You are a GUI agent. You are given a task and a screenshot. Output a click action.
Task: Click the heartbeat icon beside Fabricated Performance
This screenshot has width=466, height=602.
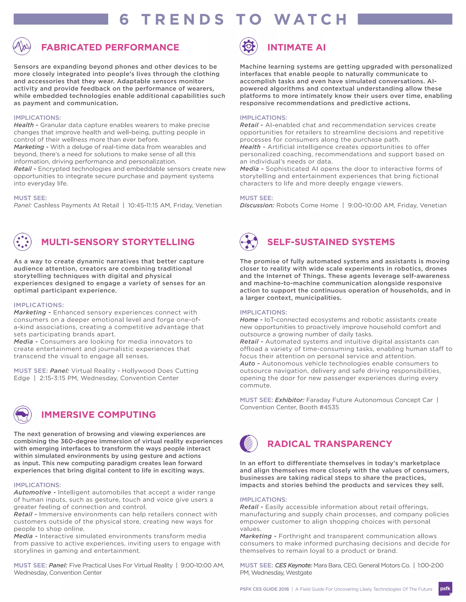[x=22, y=46]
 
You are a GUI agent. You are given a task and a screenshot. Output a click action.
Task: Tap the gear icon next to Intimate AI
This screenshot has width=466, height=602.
[x=248, y=46]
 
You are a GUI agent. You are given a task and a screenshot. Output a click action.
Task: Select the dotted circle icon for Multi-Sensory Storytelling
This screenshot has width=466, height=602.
[x=22, y=242]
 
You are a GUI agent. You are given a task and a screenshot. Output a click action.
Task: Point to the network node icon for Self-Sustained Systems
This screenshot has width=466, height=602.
[x=248, y=242]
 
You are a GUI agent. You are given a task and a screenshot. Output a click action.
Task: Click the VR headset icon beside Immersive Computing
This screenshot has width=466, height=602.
[x=22, y=414]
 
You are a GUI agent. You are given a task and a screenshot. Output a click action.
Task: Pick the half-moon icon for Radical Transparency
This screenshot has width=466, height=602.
[x=248, y=443]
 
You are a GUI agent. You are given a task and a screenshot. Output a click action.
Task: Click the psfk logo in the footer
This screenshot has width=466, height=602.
[x=445, y=589]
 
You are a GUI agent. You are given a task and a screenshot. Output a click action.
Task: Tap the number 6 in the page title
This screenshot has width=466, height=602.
[x=124, y=19]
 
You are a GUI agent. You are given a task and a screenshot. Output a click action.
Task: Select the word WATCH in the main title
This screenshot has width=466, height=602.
[x=311, y=19]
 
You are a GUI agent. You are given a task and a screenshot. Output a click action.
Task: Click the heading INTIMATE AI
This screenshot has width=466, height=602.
[x=296, y=47]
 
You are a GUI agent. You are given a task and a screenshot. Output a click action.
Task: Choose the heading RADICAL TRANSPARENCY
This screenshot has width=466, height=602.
[x=329, y=444]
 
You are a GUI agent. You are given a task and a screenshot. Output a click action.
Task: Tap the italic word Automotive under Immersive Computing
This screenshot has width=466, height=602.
[x=32, y=492]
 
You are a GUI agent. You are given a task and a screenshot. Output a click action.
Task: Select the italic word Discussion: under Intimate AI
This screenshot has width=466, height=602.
[x=257, y=205]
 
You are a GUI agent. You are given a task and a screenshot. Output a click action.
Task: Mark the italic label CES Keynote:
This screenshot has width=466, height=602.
[x=293, y=565]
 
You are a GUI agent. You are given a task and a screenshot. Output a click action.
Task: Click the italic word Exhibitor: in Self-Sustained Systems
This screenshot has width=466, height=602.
[x=289, y=400]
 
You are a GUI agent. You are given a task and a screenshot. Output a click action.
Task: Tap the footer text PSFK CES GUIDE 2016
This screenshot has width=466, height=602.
[x=264, y=589]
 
